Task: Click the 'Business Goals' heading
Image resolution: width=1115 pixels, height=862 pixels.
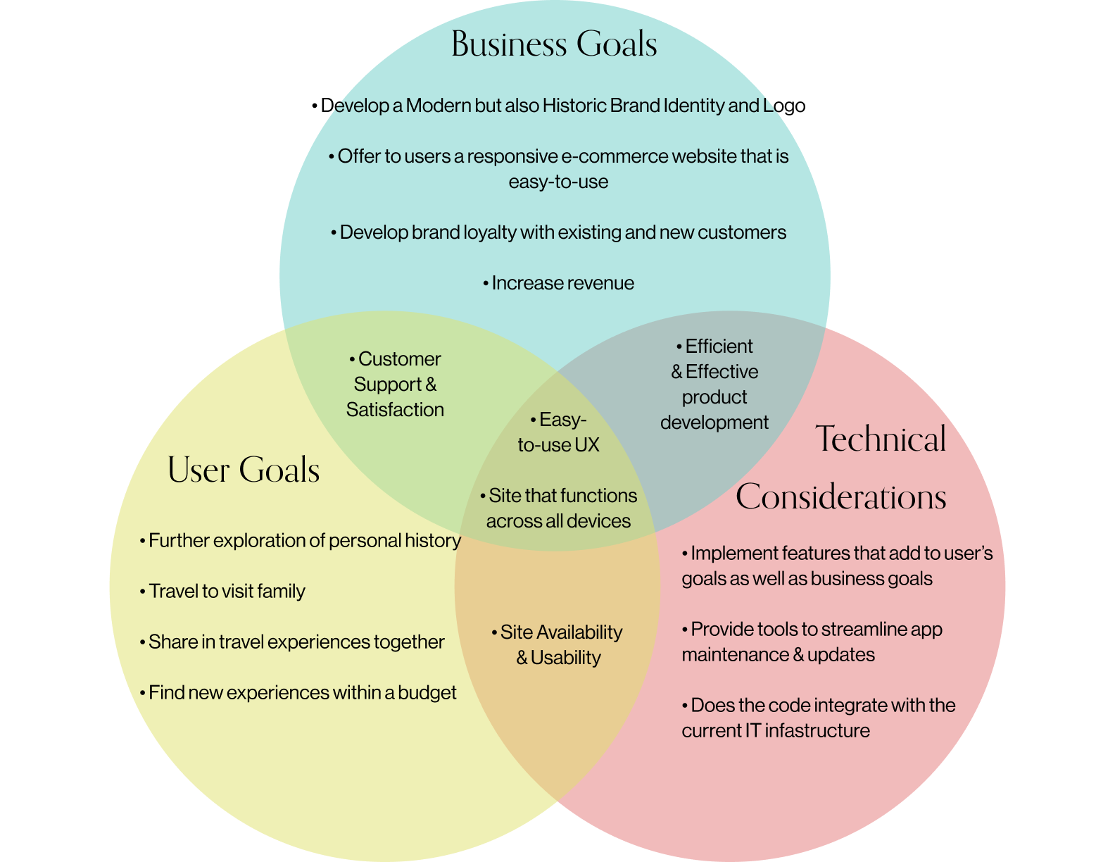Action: tap(554, 44)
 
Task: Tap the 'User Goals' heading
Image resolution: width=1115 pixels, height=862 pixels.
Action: tap(244, 470)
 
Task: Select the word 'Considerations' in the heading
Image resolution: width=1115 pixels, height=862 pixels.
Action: tap(840, 497)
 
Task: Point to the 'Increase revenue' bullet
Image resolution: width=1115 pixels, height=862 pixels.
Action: tap(559, 283)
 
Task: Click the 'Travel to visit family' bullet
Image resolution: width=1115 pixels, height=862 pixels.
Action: tap(223, 591)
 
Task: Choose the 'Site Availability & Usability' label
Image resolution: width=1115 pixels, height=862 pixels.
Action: tap(557, 644)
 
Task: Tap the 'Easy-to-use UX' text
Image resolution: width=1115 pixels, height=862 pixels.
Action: tap(558, 432)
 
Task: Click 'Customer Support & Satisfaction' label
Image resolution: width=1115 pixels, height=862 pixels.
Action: tap(395, 384)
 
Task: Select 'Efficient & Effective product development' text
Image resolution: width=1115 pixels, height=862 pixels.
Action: tap(714, 384)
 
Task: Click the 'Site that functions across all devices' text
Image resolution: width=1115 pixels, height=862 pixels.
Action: tap(559, 508)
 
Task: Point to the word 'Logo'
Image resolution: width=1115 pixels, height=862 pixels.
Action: tap(784, 106)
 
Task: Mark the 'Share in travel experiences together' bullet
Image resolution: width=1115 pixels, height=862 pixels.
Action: tap(293, 642)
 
